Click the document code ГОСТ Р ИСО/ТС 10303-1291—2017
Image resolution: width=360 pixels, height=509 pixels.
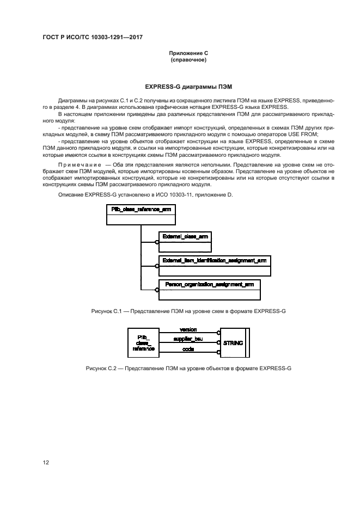tap(93, 38)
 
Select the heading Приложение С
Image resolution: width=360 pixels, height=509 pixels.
tap(188, 53)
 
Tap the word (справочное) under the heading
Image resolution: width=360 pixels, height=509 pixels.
tap(188, 60)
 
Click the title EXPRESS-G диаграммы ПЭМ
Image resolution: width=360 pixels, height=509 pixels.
tap(188, 87)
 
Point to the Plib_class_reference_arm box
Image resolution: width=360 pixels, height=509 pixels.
tap(141, 214)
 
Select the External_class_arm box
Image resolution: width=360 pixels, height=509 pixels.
tap(185, 242)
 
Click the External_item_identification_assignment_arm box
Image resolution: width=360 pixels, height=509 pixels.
tap(215, 266)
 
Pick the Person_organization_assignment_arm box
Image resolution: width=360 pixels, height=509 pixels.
tap(209, 290)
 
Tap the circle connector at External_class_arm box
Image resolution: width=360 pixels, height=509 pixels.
tap(157, 242)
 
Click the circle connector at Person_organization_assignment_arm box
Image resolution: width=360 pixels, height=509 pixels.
tap(157, 290)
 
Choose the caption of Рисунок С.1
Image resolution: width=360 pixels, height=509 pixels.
tap(188, 311)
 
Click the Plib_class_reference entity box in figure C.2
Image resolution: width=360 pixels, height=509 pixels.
tap(143, 343)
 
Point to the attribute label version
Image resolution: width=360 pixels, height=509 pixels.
tap(188, 330)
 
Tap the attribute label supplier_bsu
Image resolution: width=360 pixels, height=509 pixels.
tap(188, 339)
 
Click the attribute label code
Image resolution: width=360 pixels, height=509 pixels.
tap(188, 349)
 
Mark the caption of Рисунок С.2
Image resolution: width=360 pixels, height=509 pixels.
tap(188, 369)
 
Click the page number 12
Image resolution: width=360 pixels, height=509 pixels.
tap(46, 463)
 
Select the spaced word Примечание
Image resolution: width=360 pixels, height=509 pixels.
tap(79, 164)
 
